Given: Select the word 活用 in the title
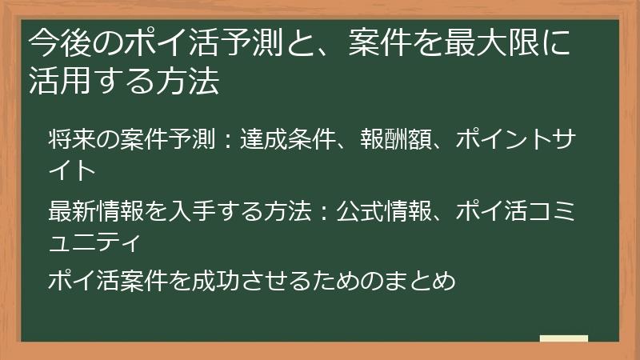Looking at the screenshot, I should (x=54, y=82).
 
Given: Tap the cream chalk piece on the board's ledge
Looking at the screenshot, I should (x=563, y=338).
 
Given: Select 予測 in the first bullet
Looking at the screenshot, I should (x=188, y=141).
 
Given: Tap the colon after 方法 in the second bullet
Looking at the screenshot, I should (x=321, y=211).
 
